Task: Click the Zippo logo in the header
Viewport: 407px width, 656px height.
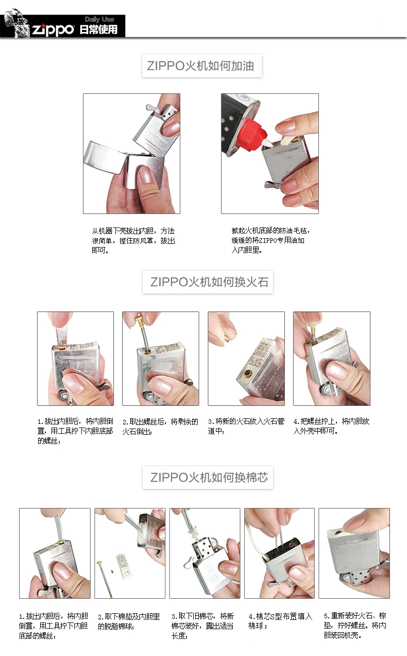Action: [53, 30]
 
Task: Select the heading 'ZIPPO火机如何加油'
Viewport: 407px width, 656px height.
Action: [201, 66]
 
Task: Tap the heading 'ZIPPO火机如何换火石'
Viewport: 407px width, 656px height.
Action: [209, 282]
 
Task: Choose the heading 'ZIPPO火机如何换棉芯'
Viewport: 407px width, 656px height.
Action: [209, 477]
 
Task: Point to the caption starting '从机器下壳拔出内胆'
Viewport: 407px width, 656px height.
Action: [133, 240]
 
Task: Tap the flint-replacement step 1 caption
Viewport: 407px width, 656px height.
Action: [75, 431]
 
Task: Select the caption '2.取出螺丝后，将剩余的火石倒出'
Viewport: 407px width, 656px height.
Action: [160, 426]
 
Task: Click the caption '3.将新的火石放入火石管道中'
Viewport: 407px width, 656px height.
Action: [246, 426]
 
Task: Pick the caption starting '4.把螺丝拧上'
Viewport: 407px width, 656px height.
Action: [331, 426]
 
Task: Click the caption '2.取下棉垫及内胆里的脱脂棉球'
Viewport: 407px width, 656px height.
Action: [129, 621]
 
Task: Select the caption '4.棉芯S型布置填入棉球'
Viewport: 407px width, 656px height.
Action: [280, 621]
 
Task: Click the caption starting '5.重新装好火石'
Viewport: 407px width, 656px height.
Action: [355, 626]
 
